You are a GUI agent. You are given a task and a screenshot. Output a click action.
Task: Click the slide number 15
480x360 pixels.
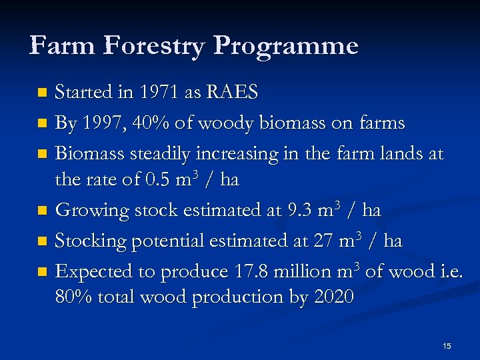point(447,346)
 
